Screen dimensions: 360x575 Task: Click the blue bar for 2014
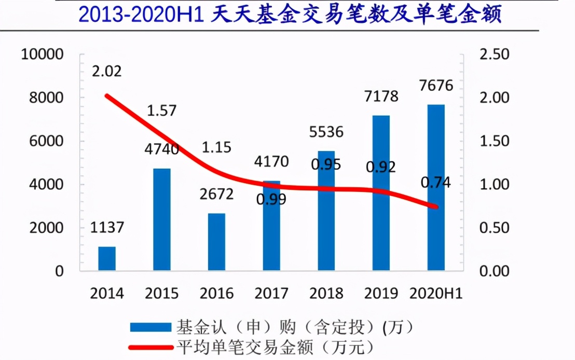pyautogui.click(x=107, y=258)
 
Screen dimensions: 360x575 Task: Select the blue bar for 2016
pyautogui.click(x=216, y=242)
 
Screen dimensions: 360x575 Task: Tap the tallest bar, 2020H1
pyautogui.click(x=436, y=187)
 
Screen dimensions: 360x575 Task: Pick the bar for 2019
pyautogui.click(x=381, y=192)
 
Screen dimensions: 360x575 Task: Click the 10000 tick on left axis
pyautogui.click(x=42, y=54)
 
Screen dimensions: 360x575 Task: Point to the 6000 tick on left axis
pyautogui.click(x=46, y=141)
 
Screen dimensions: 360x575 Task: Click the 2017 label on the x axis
pyautogui.click(x=271, y=294)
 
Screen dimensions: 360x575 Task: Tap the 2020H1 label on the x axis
pyautogui.click(x=436, y=294)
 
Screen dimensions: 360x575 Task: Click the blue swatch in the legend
pyautogui.click(x=150, y=327)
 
